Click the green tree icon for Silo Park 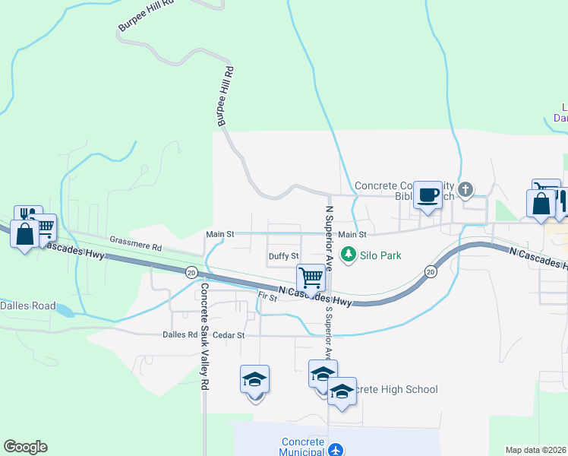pyautogui.click(x=349, y=255)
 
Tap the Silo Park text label pyautogui.click(x=380, y=256)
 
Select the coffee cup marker pyautogui.click(x=428, y=195)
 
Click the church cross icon pyautogui.click(x=466, y=188)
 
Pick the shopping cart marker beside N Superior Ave pyautogui.click(x=311, y=278)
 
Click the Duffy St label pyautogui.click(x=284, y=257)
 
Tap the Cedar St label pyautogui.click(x=229, y=334)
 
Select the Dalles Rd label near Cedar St pyautogui.click(x=180, y=334)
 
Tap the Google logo pyautogui.click(x=25, y=447)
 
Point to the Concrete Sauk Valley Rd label pyautogui.click(x=204, y=337)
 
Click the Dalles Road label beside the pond pyautogui.click(x=27, y=306)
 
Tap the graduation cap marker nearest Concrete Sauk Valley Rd pyautogui.click(x=254, y=379)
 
